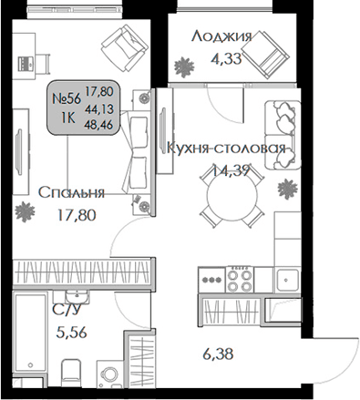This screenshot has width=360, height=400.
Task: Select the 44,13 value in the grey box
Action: pyautogui.click(x=93, y=108)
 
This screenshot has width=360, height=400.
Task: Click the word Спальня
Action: pyautogui.click(x=71, y=192)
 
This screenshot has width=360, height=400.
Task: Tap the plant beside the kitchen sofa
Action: pyautogui.click(x=286, y=189)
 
